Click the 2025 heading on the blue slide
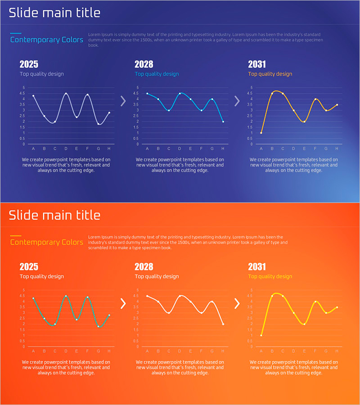click(29, 64)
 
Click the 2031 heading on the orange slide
click(257, 266)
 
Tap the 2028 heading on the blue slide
click(144, 64)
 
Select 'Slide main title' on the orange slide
click(54, 215)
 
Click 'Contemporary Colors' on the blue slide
click(47, 40)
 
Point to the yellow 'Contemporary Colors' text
click(47, 242)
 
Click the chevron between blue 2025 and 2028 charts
click(123, 101)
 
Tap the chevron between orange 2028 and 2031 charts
click(237, 304)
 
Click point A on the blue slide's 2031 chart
click(261, 133)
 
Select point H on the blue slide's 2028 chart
click(223, 121)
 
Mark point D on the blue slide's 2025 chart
click(66, 94)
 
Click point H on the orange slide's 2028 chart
click(223, 324)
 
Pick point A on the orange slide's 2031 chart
click(261, 335)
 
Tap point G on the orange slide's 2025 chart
click(98, 326)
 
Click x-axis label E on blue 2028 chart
click(190, 148)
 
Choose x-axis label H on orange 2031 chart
click(337, 351)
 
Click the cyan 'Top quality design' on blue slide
click(157, 74)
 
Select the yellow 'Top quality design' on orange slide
click(270, 276)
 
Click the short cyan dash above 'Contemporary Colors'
click(16, 33)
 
